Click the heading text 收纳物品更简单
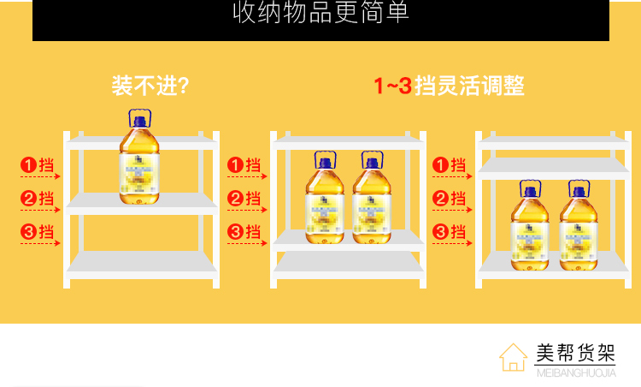pos(320,13)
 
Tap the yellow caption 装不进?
pos(150,86)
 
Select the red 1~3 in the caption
pos(393,86)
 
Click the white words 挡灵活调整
pos(469,86)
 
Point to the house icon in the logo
pos(513,357)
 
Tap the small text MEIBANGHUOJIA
pos(575,372)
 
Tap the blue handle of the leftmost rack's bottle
pos(139,117)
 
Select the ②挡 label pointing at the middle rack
pos(244,199)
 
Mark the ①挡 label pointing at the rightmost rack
pos(449,164)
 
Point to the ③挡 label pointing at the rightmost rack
pos(449,231)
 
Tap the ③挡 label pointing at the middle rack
pos(244,231)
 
